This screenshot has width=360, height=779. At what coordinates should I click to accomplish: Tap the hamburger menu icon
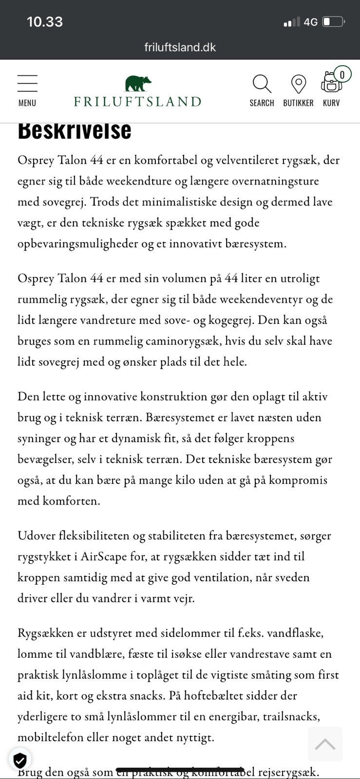(x=27, y=84)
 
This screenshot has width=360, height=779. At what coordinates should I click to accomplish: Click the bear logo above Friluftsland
(x=138, y=83)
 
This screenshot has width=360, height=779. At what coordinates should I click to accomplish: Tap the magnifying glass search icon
(x=262, y=84)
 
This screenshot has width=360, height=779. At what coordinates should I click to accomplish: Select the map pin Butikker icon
(x=298, y=84)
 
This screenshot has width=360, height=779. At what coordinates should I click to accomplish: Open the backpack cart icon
(x=331, y=83)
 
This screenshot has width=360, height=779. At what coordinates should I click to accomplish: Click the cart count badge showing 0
(x=342, y=74)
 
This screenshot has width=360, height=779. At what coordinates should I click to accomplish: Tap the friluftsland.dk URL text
(x=180, y=47)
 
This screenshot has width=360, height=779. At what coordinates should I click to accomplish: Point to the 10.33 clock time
(x=45, y=22)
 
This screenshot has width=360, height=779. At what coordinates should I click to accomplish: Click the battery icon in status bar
(x=333, y=22)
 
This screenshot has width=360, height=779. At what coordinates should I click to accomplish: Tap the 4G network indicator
(x=310, y=22)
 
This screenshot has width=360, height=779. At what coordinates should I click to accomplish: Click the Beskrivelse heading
(x=75, y=131)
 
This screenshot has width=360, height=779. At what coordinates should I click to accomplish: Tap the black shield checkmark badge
(x=20, y=759)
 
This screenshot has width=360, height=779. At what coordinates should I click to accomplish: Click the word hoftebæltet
(x=225, y=696)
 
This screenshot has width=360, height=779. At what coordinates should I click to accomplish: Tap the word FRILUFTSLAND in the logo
(x=137, y=101)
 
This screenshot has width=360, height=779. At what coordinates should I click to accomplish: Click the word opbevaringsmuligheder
(x=78, y=244)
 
